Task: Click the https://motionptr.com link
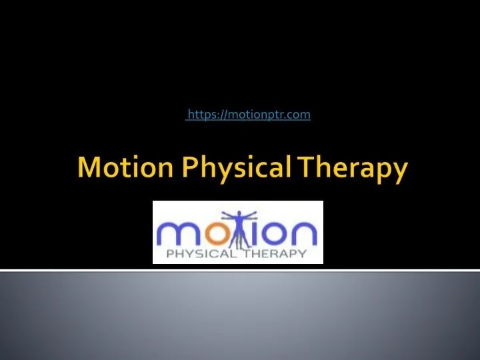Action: point(248,115)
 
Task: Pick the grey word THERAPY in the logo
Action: point(274,253)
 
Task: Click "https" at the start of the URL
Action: point(201,115)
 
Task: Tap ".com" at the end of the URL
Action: point(299,115)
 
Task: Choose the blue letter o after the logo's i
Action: point(274,234)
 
